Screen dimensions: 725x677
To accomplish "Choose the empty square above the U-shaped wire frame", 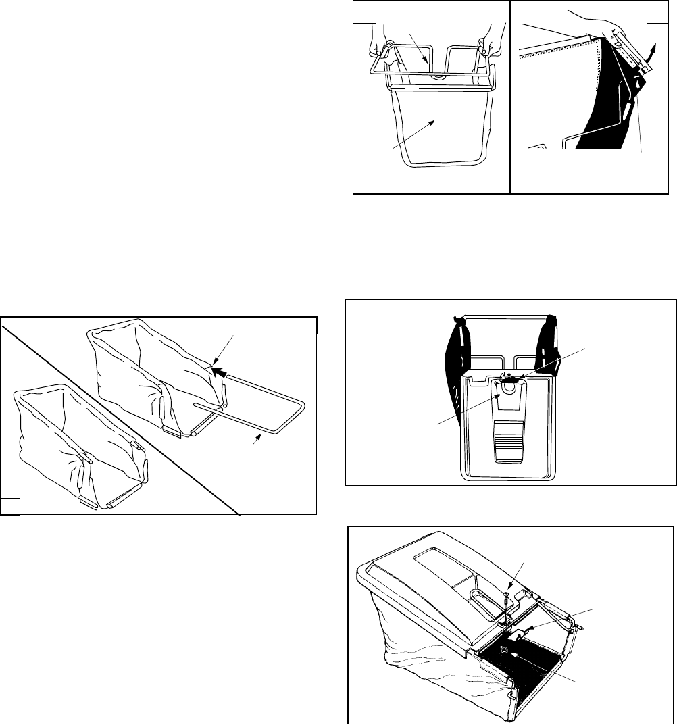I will point(307,326).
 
